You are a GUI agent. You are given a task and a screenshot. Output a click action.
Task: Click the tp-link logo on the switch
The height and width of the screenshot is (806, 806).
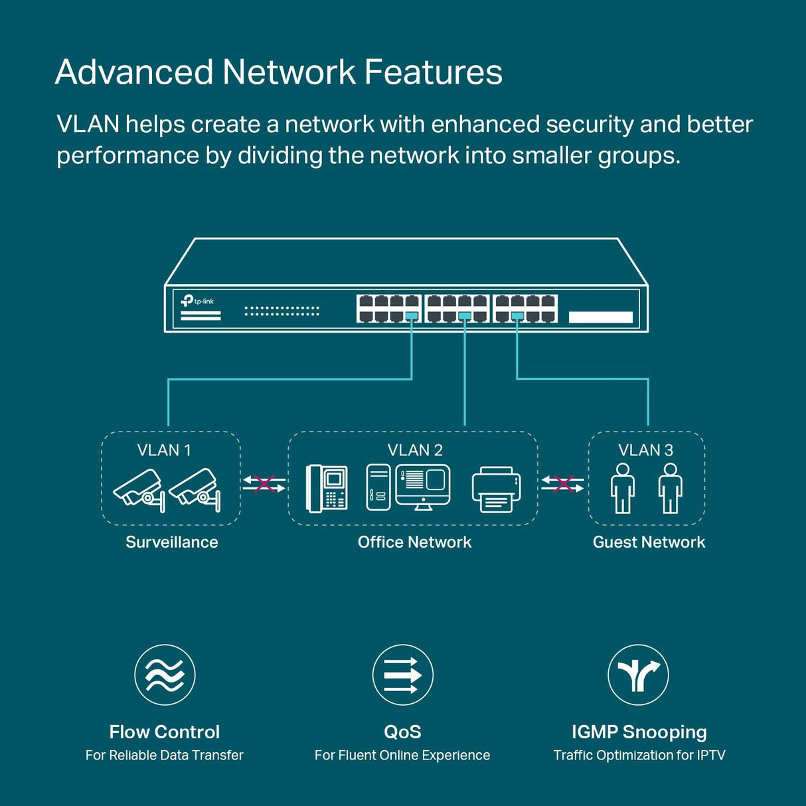[x=197, y=301]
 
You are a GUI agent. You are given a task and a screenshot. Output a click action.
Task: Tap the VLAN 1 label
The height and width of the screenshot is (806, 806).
[x=164, y=450]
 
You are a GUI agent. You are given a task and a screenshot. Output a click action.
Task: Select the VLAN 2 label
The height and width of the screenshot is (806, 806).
[x=415, y=450]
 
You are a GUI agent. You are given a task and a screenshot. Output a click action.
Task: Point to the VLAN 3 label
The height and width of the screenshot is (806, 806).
[x=645, y=450]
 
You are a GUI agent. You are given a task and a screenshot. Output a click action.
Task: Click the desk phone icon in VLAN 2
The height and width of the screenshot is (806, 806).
[x=327, y=489]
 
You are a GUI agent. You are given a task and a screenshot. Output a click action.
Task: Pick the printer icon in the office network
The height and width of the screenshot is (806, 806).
[x=496, y=490]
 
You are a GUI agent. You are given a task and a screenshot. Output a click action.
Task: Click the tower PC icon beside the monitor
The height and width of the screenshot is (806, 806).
[x=378, y=487]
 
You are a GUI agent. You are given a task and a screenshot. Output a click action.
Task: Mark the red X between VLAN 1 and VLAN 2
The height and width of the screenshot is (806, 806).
[x=264, y=484]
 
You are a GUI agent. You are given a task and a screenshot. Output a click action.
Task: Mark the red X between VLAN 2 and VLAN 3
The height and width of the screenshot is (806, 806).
[x=563, y=484]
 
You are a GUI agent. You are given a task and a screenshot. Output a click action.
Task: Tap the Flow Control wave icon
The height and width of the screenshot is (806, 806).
[x=165, y=675]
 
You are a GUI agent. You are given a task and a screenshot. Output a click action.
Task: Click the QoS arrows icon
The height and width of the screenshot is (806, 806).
[x=403, y=675]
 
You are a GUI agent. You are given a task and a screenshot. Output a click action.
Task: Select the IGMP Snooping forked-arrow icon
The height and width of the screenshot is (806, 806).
[x=638, y=675]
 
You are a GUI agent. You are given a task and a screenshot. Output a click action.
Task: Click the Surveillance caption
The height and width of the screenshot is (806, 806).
[x=172, y=542]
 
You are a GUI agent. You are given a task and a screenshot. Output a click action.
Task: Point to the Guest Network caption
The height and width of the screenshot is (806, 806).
[x=649, y=542]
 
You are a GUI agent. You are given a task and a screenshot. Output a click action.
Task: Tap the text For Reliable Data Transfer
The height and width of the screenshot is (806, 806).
[x=165, y=756]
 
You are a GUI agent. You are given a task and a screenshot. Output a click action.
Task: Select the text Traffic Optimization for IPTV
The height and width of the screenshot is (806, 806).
[x=639, y=756]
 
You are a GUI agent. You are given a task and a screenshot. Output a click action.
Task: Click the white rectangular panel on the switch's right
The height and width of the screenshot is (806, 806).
[x=601, y=317]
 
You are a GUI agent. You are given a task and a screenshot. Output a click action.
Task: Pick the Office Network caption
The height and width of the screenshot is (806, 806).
[x=414, y=542]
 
